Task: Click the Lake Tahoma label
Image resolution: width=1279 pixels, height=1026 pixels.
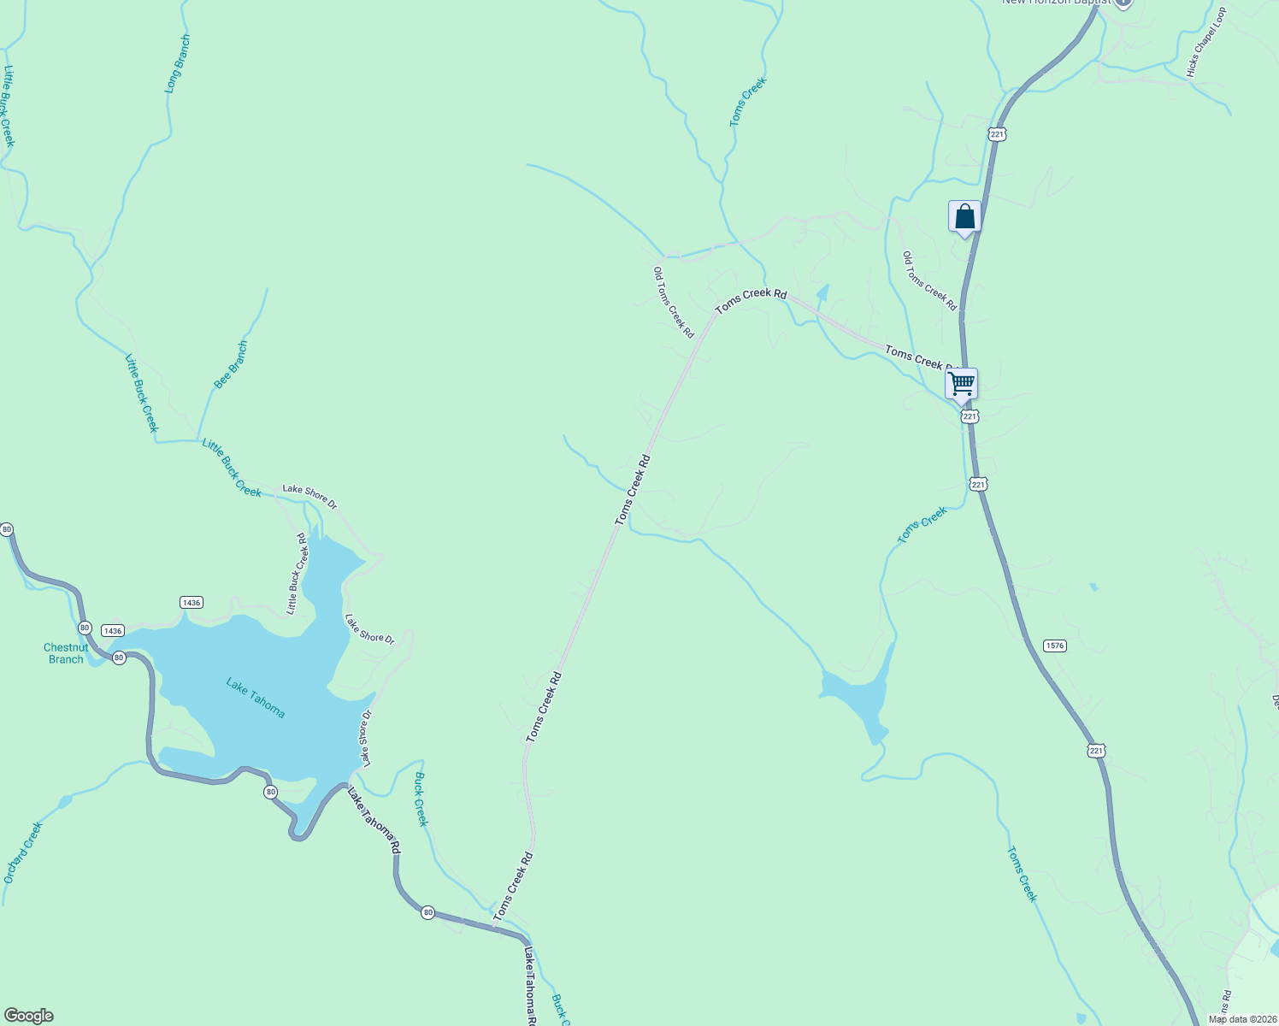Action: point(255,697)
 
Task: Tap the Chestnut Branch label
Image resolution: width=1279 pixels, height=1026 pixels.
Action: point(66,653)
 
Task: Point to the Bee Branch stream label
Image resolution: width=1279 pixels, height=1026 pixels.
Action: point(231,365)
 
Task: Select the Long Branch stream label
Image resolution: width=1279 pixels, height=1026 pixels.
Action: point(178,64)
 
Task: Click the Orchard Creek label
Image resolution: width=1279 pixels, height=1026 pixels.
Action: point(22,852)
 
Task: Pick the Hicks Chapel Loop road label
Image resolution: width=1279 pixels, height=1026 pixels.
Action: point(1206,43)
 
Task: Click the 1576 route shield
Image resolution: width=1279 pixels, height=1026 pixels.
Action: point(1055,646)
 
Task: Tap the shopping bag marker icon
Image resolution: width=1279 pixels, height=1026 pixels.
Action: point(964,216)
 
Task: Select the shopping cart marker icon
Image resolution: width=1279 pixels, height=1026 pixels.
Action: point(962,384)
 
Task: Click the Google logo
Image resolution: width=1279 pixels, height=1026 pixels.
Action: point(29,1016)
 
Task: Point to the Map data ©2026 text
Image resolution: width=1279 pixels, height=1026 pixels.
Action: point(1242,1019)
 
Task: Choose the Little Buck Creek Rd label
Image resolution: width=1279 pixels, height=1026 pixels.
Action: point(296,574)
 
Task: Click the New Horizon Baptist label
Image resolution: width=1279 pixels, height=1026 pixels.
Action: point(1058,3)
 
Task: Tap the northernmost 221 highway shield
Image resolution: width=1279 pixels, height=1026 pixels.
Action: point(997,134)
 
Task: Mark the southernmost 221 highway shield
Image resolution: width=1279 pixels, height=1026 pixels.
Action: point(1097,751)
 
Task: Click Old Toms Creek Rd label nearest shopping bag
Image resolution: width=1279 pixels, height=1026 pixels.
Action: point(930,280)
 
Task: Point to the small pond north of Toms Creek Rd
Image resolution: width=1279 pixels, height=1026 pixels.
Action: point(822,292)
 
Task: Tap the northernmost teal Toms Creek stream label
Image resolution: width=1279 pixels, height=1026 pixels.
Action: point(748,103)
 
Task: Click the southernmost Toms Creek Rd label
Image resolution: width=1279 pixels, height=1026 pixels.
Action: point(513,887)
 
